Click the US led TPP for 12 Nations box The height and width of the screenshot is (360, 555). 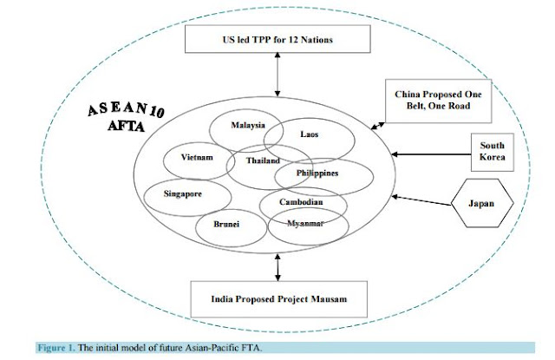[x=277, y=40]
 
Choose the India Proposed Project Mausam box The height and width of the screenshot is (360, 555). [x=277, y=299]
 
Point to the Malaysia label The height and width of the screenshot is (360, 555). [x=247, y=125]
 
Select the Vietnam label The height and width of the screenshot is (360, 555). [x=198, y=158]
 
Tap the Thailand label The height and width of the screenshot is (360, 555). [x=262, y=161]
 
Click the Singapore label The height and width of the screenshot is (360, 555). [x=181, y=194]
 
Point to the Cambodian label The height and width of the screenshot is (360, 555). [x=302, y=202]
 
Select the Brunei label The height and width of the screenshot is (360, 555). [x=227, y=224]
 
